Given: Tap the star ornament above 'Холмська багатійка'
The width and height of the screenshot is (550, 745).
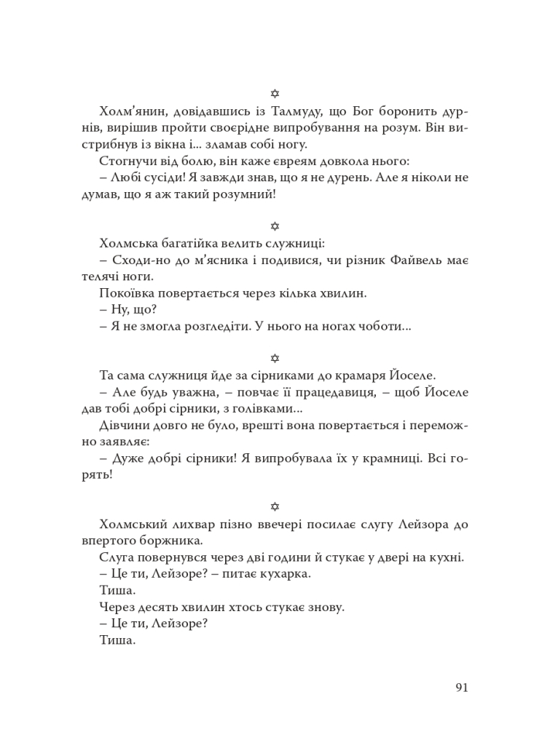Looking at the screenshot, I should click(275, 227).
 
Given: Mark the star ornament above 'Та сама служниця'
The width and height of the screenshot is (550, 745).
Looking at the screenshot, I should click(275, 358).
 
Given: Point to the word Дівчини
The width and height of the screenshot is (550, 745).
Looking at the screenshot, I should click(122, 425).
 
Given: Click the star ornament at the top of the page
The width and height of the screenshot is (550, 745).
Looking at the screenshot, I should click(275, 93).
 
